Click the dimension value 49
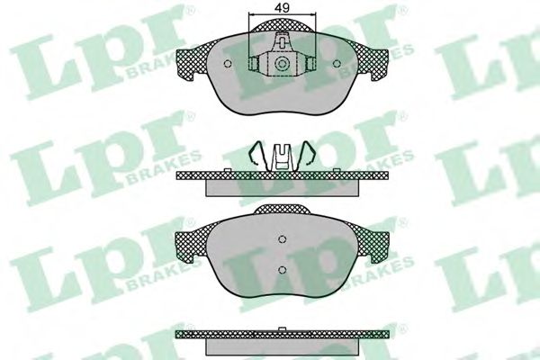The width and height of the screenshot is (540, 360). (x=282, y=7)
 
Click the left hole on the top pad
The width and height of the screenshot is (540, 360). (x=228, y=64)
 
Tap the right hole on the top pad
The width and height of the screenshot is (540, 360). (x=337, y=64)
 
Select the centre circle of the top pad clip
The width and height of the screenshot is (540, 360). (x=282, y=63)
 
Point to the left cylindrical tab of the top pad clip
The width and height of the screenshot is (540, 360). (x=253, y=63)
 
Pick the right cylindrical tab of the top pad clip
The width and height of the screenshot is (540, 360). (x=311, y=63)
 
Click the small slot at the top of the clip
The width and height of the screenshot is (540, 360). (x=282, y=42)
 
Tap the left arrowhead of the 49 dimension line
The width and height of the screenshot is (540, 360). (x=251, y=14)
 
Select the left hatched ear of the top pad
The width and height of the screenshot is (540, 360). (x=193, y=62)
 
